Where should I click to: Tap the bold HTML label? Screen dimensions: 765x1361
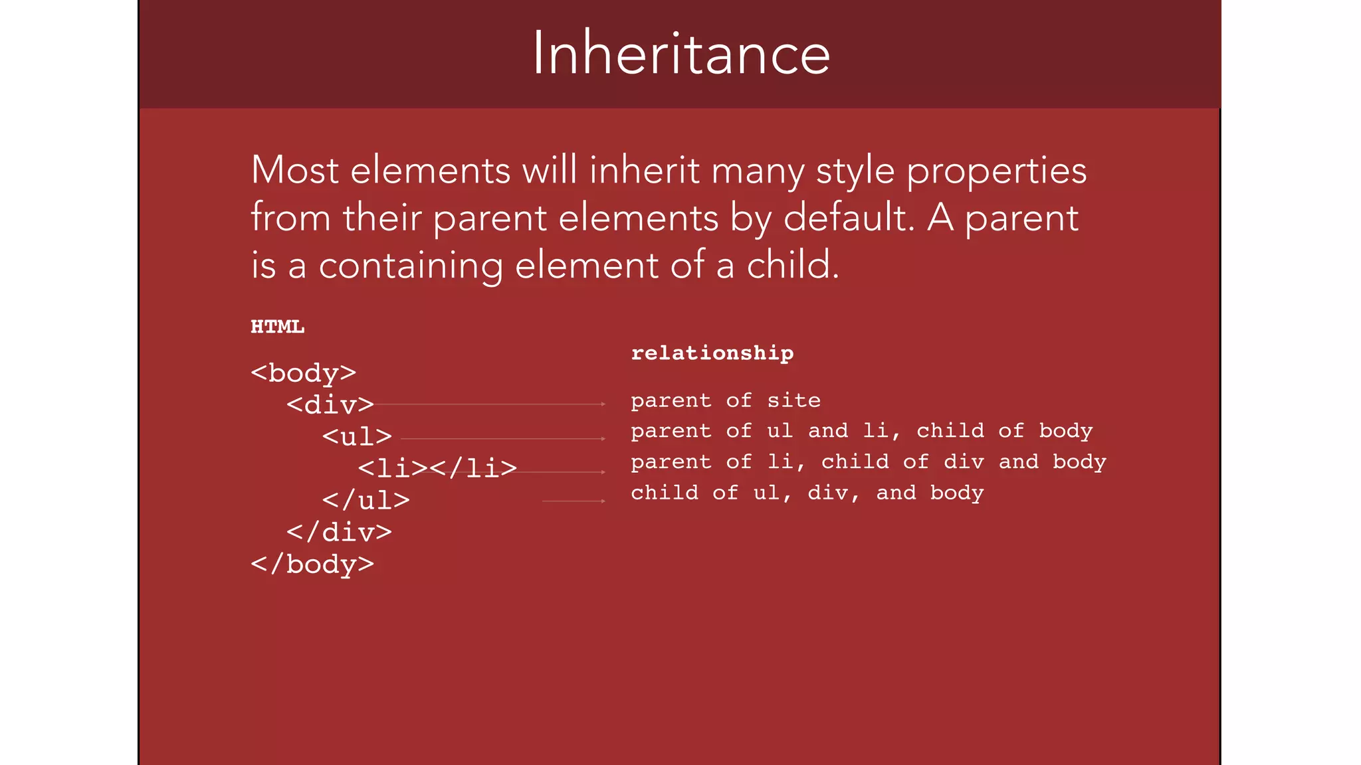point(277,327)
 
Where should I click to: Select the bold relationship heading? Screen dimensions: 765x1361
point(712,353)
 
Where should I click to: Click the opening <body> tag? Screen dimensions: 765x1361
point(303,373)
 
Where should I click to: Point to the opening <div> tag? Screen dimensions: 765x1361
point(330,404)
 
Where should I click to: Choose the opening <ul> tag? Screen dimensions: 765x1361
point(357,436)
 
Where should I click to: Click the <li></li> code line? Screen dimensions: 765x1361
point(437,468)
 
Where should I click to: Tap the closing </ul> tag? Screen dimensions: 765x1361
point(366,500)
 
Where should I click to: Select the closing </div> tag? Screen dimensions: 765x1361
point(339,532)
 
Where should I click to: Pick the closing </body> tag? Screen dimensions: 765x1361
point(312,564)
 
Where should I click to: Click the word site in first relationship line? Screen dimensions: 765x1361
point(793,400)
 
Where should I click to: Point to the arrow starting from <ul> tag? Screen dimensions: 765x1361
point(503,438)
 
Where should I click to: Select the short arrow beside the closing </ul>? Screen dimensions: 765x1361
point(574,501)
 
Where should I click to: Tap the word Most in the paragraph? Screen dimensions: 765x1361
point(294,170)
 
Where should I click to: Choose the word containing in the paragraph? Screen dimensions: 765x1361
point(410,266)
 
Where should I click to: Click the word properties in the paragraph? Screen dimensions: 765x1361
point(996,171)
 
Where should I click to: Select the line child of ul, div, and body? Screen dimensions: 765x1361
point(807,493)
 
